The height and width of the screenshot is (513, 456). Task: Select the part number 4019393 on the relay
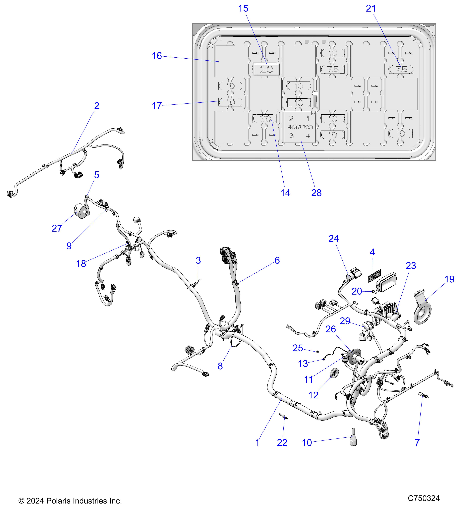[300, 127]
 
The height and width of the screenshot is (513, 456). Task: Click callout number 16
[157, 56]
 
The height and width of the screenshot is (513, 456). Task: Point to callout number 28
[316, 193]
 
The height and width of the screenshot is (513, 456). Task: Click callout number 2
[97, 106]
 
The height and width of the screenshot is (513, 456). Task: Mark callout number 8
[220, 366]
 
